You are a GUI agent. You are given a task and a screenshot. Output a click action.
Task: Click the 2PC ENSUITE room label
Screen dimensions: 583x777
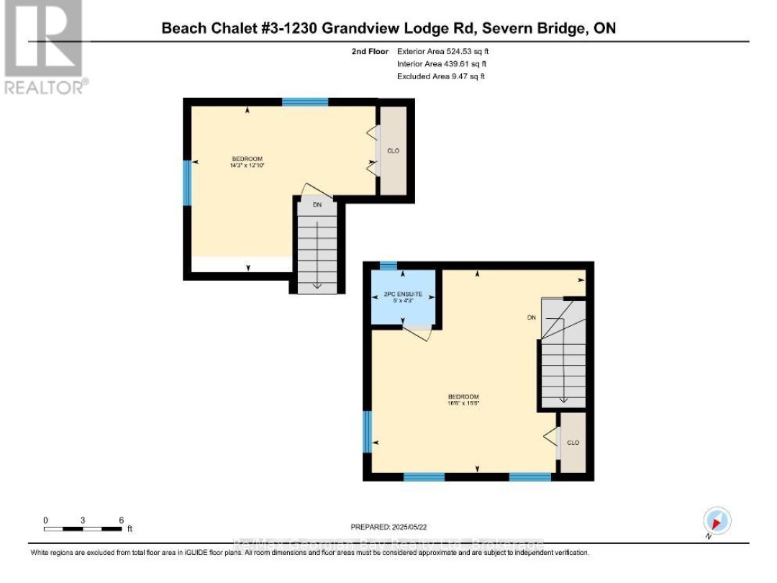(x=402, y=294)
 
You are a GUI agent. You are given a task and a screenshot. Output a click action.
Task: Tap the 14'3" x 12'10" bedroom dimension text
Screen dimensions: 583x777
(x=247, y=166)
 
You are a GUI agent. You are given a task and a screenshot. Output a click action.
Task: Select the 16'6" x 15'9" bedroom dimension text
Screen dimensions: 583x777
(x=463, y=404)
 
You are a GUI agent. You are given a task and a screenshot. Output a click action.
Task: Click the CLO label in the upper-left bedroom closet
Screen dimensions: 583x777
(x=393, y=150)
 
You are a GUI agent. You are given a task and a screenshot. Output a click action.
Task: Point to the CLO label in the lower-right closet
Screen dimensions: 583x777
(x=573, y=443)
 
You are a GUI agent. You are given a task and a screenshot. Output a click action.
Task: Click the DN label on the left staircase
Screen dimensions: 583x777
(x=317, y=205)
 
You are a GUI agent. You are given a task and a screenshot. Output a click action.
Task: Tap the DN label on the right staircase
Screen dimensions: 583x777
(x=531, y=317)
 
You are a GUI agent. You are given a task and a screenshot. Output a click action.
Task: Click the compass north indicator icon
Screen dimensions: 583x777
(x=717, y=520)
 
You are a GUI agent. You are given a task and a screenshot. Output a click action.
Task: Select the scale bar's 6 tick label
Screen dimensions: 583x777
(x=122, y=520)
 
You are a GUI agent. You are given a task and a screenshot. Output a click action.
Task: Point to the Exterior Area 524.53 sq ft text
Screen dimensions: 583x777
(x=443, y=52)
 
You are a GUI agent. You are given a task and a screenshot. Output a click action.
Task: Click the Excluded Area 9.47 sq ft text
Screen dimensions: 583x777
(x=440, y=76)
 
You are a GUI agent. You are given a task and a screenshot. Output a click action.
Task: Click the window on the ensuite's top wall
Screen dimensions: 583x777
(x=388, y=266)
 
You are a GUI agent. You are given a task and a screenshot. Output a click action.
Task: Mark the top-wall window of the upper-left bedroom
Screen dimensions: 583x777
(x=305, y=102)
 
